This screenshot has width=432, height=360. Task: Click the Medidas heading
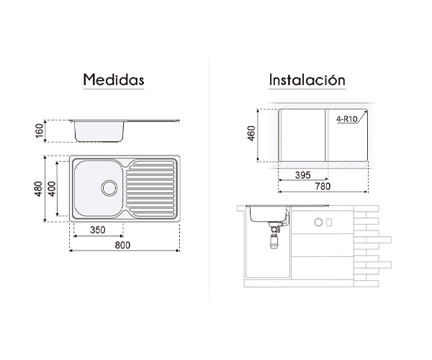click(x=114, y=80)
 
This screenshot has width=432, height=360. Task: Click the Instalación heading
click(x=307, y=80)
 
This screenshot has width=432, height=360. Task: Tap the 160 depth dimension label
click(x=40, y=130)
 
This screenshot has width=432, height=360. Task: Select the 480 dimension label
click(x=38, y=189)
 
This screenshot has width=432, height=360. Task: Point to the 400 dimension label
click(x=52, y=189)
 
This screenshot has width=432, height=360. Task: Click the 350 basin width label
click(x=98, y=230)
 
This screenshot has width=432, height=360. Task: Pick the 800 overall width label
click(x=122, y=245)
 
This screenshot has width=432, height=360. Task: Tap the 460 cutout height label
click(x=251, y=133)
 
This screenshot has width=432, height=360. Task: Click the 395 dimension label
click(x=303, y=175)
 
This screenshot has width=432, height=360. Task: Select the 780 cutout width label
click(x=323, y=186)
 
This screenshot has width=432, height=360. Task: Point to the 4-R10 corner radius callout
click(x=346, y=119)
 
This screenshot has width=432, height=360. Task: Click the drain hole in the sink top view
click(x=109, y=188)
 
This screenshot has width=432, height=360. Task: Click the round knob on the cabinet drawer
click(x=318, y=222)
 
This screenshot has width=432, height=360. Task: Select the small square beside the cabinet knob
click(x=329, y=222)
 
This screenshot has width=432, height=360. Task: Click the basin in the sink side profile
click(x=99, y=132)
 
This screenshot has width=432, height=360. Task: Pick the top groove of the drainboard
click(x=152, y=163)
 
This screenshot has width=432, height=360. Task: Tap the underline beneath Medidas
click(x=114, y=89)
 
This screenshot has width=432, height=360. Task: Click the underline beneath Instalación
click(x=307, y=89)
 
